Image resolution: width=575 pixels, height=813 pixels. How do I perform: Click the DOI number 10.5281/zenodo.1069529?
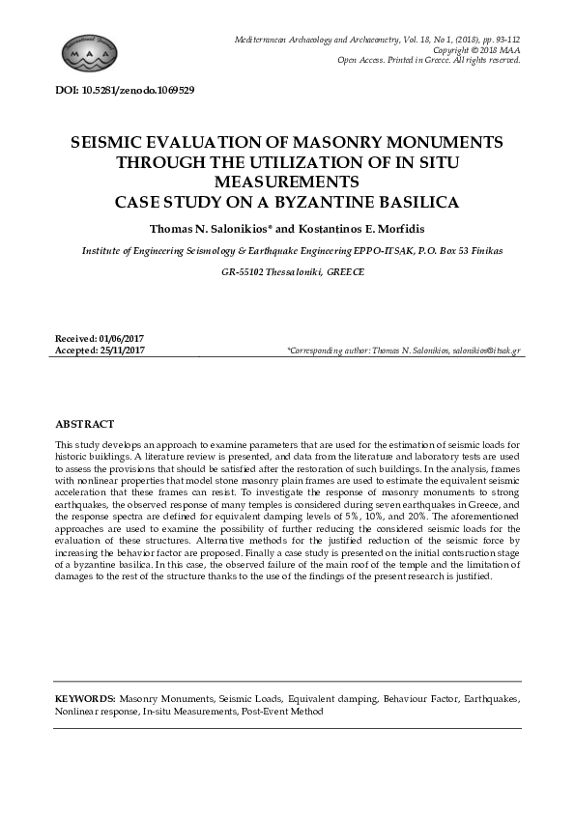click(139, 90)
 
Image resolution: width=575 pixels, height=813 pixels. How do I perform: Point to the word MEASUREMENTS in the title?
click(287, 182)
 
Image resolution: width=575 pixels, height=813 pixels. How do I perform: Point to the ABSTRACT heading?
click(85, 424)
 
